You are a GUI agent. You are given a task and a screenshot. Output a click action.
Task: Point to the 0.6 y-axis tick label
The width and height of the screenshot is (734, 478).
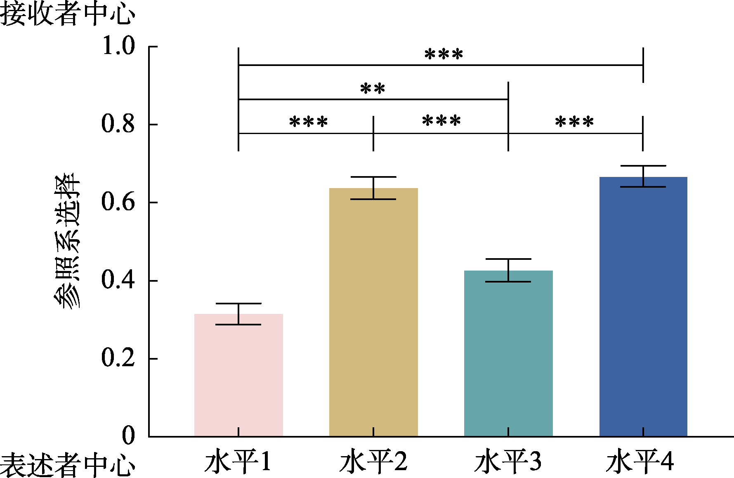[118, 202]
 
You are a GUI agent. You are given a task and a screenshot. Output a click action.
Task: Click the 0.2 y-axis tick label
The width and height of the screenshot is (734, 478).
[118, 358]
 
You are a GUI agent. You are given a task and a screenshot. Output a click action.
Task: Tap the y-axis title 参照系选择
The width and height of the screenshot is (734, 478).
[67, 242]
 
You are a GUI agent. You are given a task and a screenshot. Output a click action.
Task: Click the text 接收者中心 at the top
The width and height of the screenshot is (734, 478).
[67, 14]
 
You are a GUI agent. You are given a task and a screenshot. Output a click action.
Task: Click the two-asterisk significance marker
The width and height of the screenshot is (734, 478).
[373, 89]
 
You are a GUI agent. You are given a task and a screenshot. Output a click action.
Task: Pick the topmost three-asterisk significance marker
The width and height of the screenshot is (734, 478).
[444, 54]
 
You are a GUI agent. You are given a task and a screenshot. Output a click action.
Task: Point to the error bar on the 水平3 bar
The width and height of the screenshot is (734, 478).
[508, 270]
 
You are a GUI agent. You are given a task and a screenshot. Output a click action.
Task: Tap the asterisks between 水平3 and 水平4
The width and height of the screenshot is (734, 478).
[574, 122]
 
